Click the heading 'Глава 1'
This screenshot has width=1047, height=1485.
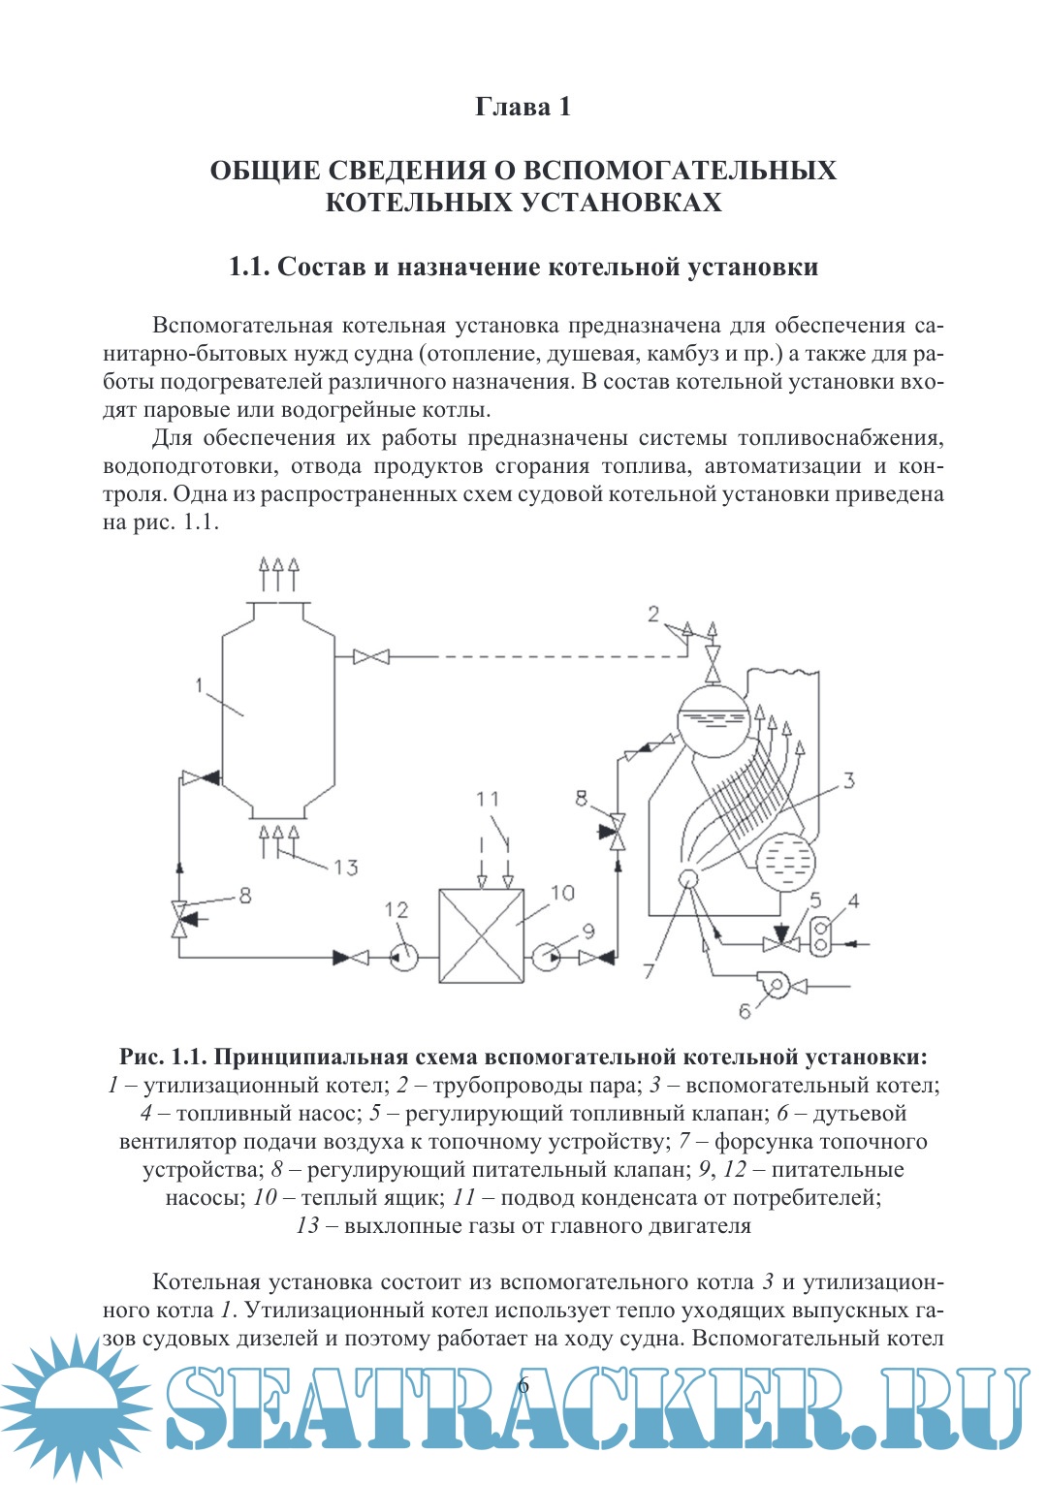coord(523,107)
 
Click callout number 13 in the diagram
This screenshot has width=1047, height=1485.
coord(345,867)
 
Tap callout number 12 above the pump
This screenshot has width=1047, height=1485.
coord(397,909)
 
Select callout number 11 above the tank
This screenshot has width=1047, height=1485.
coord(488,799)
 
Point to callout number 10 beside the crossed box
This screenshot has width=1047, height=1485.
coord(562,893)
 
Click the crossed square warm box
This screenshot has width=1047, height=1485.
coord(482,936)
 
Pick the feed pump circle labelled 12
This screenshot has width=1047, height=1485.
coord(403,958)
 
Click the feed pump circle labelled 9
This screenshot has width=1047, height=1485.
coord(546,958)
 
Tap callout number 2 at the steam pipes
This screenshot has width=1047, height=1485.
coord(653,614)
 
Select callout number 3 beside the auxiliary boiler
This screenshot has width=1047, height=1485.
coord(848,780)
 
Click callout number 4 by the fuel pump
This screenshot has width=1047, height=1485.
coord(853,901)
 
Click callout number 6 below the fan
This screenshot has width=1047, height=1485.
coord(745,1011)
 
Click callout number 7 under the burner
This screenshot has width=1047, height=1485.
coord(649,969)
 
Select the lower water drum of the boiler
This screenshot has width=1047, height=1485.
coord(785,861)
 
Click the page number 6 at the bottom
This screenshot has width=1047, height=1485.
coord(523,1385)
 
